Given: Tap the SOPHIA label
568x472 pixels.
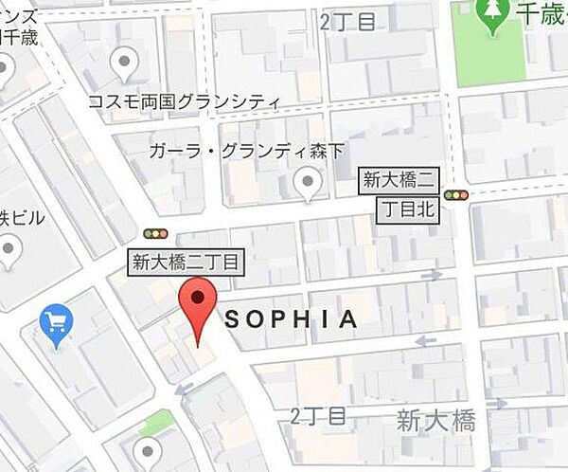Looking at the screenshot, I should click(x=292, y=319).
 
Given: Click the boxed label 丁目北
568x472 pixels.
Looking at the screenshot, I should click(x=410, y=210).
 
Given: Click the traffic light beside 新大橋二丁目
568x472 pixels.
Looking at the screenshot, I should click(x=154, y=233).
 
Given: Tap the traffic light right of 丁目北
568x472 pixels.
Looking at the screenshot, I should click(x=457, y=195).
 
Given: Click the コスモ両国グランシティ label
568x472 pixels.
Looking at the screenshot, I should click(x=184, y=101).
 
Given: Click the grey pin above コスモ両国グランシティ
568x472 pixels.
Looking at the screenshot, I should click(x=123, y=65).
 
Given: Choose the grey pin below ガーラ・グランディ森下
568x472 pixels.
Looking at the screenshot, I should click(x=308, y=183).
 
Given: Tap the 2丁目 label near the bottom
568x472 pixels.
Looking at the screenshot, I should click(x=318, y=416).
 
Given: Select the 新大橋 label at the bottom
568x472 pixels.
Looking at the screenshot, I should click(x=435, y=420).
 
